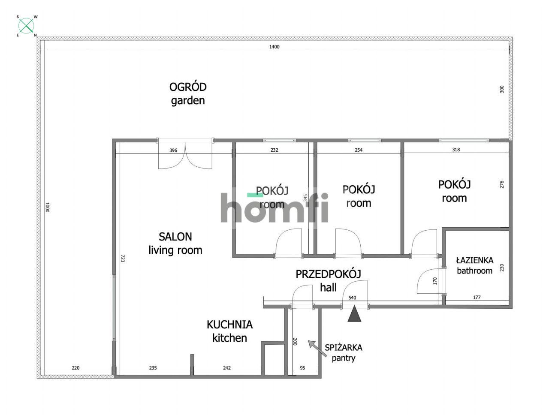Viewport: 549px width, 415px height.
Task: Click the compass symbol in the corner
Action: [26, 26]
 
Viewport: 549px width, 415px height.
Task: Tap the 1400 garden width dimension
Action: [274, 47]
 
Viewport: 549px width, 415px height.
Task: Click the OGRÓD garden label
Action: [188, 94]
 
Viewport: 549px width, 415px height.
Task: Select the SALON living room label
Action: [175, 244]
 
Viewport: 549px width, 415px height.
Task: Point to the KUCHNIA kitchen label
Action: [229, 331]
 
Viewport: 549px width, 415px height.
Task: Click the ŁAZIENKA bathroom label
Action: [474, 266]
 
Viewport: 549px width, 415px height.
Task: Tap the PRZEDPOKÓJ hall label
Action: [328, 281]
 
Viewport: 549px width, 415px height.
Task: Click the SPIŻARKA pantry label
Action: [344, 353]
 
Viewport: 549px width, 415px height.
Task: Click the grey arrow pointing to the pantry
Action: [317, 349]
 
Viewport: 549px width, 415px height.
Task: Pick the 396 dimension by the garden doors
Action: [173, 150]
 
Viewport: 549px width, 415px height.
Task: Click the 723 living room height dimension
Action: [123, 258]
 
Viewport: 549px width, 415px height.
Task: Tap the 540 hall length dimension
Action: [352, 298]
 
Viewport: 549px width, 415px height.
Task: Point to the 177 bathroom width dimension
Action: [477, 298]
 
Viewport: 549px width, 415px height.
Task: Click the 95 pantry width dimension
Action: [302, 368]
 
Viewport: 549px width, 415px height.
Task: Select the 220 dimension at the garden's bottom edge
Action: [75, 368]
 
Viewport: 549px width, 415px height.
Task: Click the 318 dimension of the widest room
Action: [455, 150]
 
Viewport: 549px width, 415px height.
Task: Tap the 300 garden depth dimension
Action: [502, 89]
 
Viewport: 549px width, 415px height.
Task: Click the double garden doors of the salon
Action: [185, 154]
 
